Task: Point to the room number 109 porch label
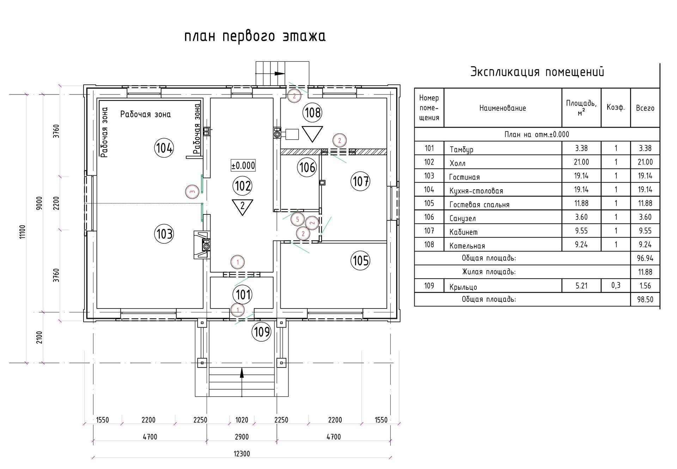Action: (x=262, y=332)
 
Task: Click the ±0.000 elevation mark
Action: (x=243, y=165)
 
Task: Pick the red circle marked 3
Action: (x=192, y=192)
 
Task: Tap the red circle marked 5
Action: (x=297, y=219)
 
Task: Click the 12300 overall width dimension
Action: (x=242, y=453)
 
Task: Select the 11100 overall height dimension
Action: (x=23, y=232)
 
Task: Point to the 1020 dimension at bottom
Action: (x=242, y=420)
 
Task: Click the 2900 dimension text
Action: (x=242, y=437)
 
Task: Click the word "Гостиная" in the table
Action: (x=464, y=177)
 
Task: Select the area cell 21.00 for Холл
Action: (x=581, y=162)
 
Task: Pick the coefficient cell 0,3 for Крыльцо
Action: (x=616, y=285)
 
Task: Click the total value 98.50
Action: (x=645, y=299)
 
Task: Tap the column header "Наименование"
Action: (x=502, y=108)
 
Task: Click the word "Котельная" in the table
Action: (x=467, y=246)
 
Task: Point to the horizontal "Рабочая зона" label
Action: (x=145, y=114)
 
